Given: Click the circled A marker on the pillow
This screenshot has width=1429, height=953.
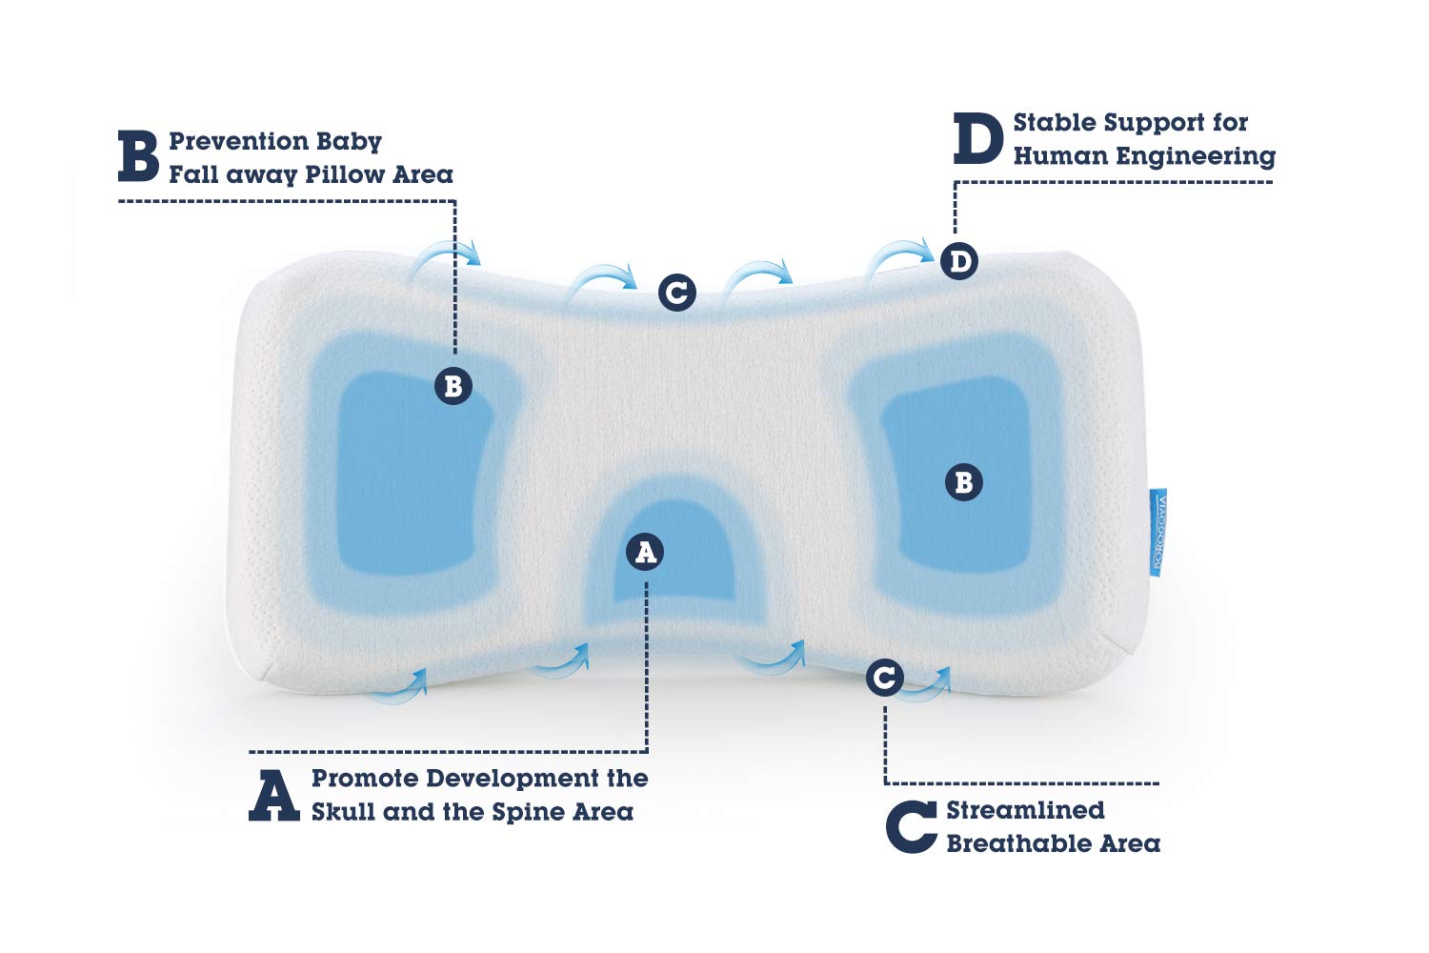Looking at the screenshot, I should coord(646,552).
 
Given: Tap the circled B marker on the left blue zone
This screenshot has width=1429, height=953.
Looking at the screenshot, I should coord(453,386).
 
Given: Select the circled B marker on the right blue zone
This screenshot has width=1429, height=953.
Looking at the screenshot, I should coord(963,482).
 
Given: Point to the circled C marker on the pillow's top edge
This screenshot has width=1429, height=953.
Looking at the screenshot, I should coord(676,292).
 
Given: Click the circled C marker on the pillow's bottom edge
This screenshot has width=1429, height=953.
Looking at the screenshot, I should coord(885,679).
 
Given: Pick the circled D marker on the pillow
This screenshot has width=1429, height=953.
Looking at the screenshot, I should coord(959,261).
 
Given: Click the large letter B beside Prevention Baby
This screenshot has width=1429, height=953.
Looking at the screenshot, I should coord(138,157).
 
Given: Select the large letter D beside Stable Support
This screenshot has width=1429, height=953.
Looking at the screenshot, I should coord(977,139).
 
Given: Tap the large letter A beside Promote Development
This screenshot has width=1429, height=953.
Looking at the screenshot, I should coord(273,796).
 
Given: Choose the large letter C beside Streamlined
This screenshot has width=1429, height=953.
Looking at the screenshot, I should coord(912,827).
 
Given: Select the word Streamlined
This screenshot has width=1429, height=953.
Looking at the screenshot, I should coord(1025,810).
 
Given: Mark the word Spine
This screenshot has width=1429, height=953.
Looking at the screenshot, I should coord(527,813).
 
